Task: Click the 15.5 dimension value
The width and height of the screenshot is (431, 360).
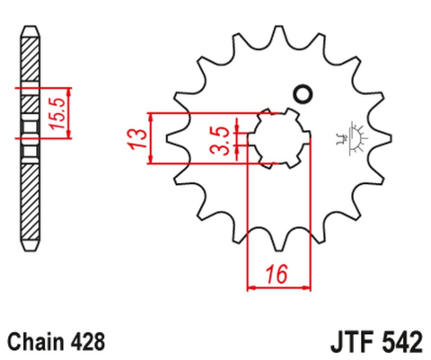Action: pyautogui.click(x=57, y=115)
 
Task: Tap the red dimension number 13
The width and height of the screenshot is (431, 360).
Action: pyautogui.click(x=137, y=140)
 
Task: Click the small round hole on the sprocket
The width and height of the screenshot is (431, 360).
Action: pyautogui.click(x=302, y=92)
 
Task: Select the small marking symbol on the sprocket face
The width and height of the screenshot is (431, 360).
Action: pyautogui.click(x=342, y=137)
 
